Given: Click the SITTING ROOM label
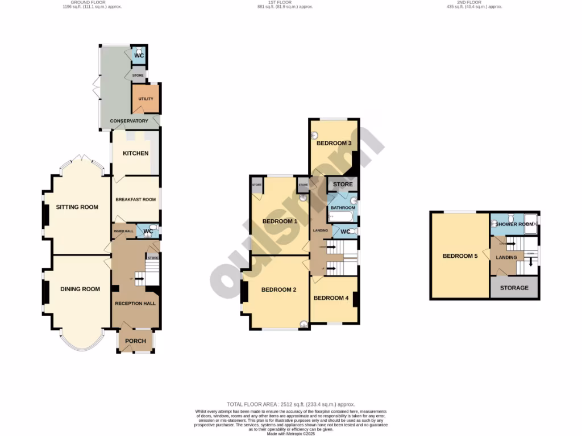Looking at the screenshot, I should [x=77, y=207].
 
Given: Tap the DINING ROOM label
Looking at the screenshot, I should [x=80, y=289].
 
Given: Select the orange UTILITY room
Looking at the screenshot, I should [x=146, y=99].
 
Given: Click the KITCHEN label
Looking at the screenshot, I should [x=136, y=153].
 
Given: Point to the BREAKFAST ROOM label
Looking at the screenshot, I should [x=135, y=199].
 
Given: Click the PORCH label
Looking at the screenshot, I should [x=135, y=341].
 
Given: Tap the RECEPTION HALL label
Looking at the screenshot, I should [x=135, y=304].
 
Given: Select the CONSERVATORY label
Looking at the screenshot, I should [x=129, y=121].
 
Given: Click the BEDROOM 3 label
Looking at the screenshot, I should [x=334, y=143].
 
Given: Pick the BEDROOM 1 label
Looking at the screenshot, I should [x=280, y=221].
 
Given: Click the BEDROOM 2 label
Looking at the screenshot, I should [x=278, y=290].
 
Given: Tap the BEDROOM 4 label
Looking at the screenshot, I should [x=331, y=298].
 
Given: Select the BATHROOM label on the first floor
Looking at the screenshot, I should [x=343, y=208].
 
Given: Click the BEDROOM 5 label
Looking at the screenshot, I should [x=460, y=256].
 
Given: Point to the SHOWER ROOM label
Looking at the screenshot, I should [x=514, y=224].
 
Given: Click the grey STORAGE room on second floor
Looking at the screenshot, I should [x=514, y=288].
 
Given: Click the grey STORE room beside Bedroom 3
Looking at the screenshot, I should [x=343, y=185].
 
